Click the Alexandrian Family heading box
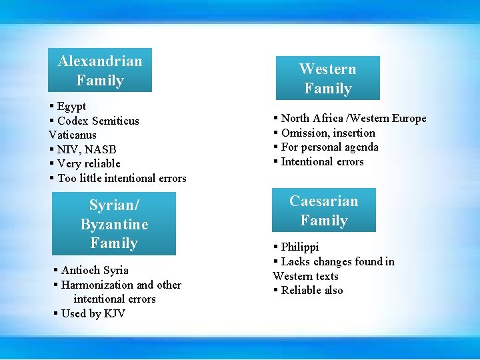[100, 70]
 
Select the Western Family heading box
[327, 78]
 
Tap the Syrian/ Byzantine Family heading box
[114, 224]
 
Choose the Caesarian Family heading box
[324, 210]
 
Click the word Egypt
[71, 107]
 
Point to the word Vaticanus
[72, 135]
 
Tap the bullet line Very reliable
[89, 163]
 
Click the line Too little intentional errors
[121, 178]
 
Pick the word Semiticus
[115, 121]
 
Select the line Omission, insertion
[328, 133]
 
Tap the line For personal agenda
[329, 147]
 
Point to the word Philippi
[300, 247]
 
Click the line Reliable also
[312, 290]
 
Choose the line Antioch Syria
[95, 270]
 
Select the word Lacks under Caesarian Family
[296, 261]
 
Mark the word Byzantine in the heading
[114, 224]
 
